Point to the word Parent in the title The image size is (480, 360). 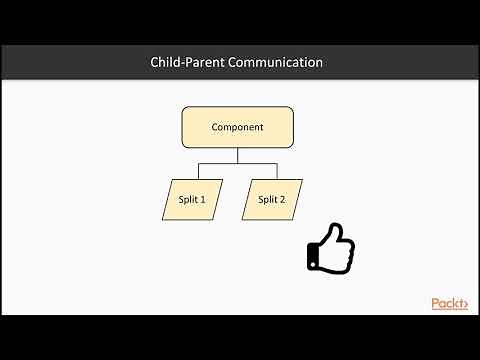coord(208,62)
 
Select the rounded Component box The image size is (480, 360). coord(237,128)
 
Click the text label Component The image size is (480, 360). coord(237,128)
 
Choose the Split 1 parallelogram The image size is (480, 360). coord(191,199)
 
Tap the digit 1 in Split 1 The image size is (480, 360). coord(203,199)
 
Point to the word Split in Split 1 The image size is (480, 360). coord(187,199)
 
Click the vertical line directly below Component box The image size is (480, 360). coord(237,155)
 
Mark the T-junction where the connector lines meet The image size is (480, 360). coord(237,163)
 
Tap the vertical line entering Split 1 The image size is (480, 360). coord(197,171)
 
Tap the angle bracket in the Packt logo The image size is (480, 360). coord(464,304)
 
